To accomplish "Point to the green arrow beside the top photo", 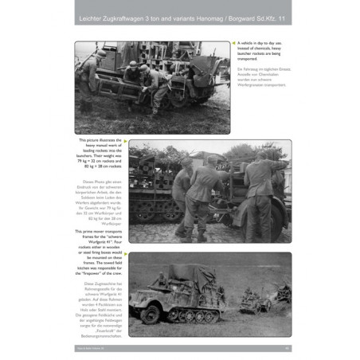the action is (232, 43).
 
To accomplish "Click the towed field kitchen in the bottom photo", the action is (255, 303).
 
